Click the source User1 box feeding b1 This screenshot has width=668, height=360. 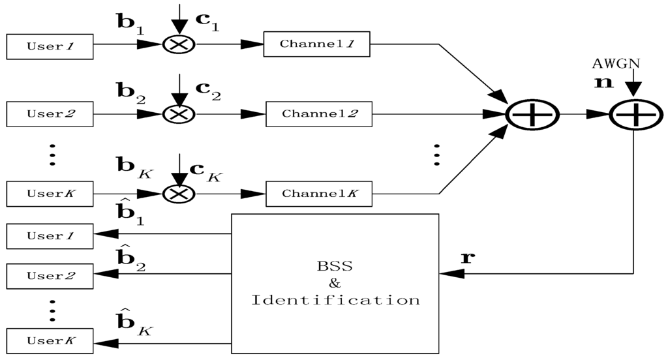point(50,46)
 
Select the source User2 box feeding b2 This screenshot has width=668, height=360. point(50,114)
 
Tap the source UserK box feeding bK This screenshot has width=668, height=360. point(50,194)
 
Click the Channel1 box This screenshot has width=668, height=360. point(316,44)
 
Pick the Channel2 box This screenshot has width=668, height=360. point(318,113)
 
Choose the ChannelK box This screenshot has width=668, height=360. point(318,193)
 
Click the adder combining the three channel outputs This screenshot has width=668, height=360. point(533,114)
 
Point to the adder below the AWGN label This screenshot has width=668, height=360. point(633,114)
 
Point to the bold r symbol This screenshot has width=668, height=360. point(466,257)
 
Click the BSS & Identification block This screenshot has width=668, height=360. point(335,282)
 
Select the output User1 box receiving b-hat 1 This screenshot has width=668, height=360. point(50,236)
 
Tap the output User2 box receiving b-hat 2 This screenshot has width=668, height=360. point(50,275)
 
